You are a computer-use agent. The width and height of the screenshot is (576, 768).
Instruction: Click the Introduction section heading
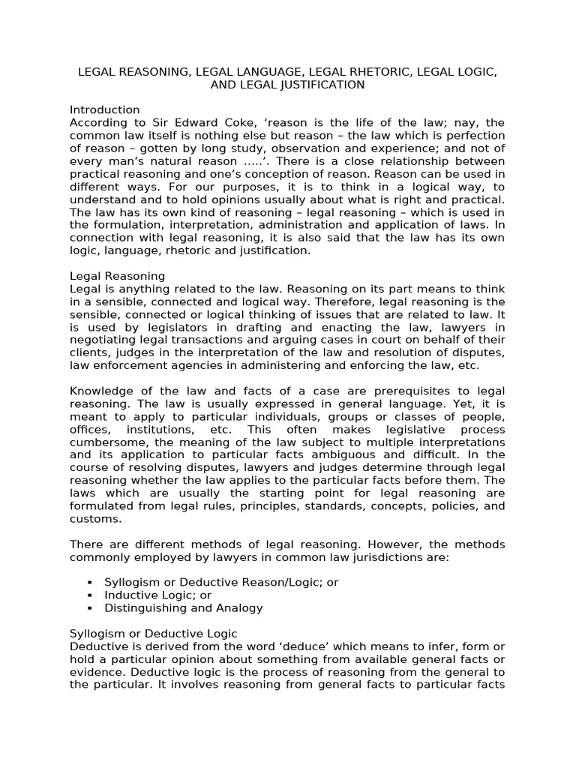coord(104,109)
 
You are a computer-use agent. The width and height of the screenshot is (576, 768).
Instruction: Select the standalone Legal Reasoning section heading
coord(117,276)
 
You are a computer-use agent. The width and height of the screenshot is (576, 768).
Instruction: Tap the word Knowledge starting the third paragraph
coord(100,391)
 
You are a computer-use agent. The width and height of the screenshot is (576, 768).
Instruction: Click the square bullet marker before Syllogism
coord(89,583)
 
